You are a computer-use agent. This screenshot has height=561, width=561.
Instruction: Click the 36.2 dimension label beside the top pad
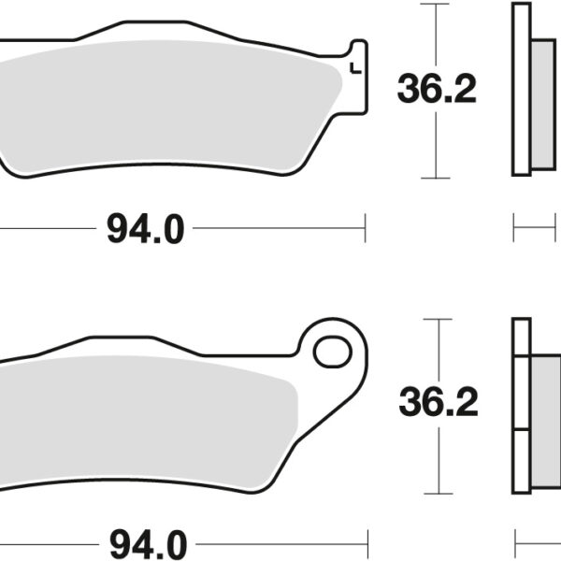(x=437, y=90)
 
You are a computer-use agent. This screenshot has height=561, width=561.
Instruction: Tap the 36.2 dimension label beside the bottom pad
(x=438, y=403)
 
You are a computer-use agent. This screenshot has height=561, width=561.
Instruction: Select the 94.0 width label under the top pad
(x=145, y=227)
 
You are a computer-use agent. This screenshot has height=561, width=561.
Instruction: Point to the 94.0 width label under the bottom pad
(x=145, y=541)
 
